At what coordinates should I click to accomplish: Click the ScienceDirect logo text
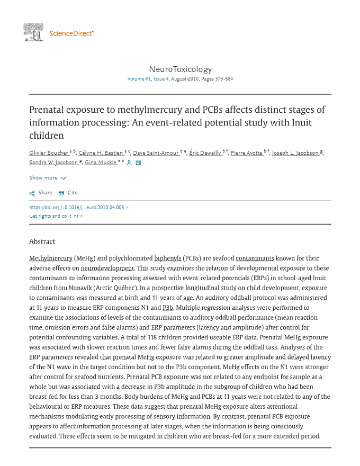pyautogui.click(x=71, y=33)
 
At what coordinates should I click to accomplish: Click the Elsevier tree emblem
pyautogui.click(x=33, y=32)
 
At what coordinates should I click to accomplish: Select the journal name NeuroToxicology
pyautogui.click(x=180, y=69)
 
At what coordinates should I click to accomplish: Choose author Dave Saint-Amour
pyautogui.click(x=156, y=153)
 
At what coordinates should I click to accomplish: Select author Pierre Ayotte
pyautogui.click(x=247, y=153)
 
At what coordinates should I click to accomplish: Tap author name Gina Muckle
pyautogui.click(x=101, y=163)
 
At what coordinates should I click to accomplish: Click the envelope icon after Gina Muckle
pyautogui.click(x=138, y=163)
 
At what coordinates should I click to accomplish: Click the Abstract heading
pyautogui.click(x=42, y=241)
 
